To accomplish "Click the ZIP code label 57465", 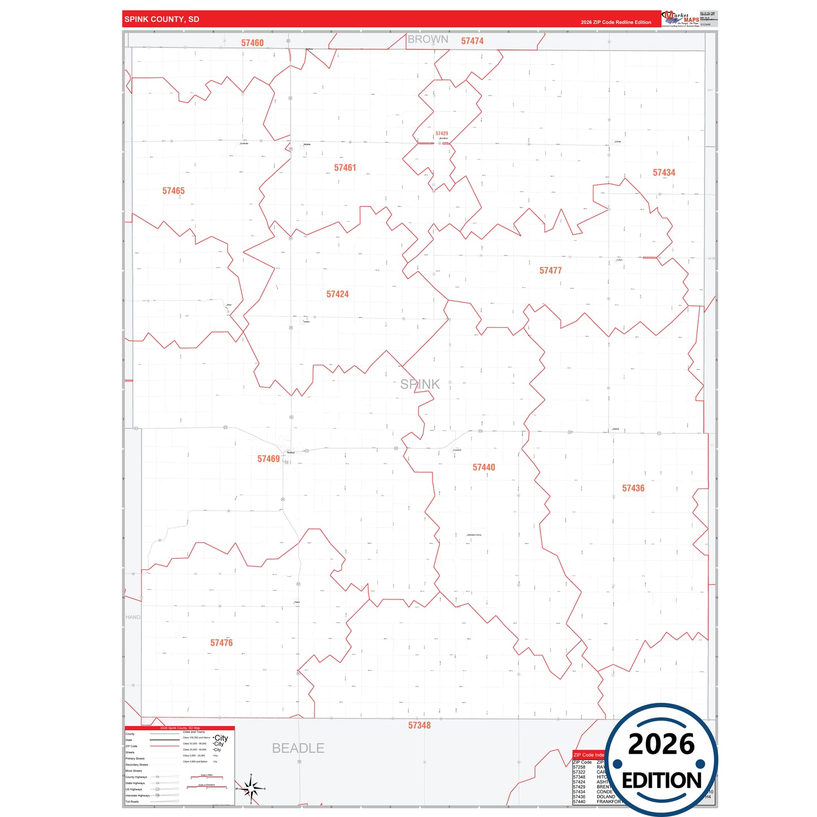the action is pyautogui.click(x=173, y=191).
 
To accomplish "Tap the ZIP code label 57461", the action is pyautogui.click(x=345, y=168).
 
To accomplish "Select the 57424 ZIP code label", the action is pyautogui.click(x=338, y=294).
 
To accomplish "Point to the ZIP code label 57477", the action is pyautogui.click(x=550, y=271).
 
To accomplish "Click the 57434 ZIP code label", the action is pyautogui.click(x=664, y=173).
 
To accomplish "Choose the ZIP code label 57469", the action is pyautogui.click(x=269, y=459).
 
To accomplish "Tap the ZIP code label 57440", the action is pyautogui.click(x=483, y=468).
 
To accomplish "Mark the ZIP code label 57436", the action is pyautogui.click(x=633, y=489).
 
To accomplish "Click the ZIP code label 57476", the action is pyautogui.click(x=221, y=643).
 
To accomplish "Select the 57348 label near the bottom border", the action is pyautogui.click(x=419, y=725).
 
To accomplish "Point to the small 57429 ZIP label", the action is pyautogui.click(x=442, y=134).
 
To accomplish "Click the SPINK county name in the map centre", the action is pyautogui.click(x=420, y=384).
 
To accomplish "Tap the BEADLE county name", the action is pyautogui.click(x=298, y=748).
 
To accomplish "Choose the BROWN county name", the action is pyautogui.click(x=427, y=40).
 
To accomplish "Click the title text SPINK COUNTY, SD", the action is pyautogui.click(x=162, y=19).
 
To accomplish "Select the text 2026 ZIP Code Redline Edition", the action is pyautogui.click(x=616, y=23).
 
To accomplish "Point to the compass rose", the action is pyautogui.click(x=251, y=788).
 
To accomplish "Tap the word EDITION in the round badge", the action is pyautogui.click(x=662, y=781).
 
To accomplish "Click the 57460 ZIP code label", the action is pyautogui.click(x=252, y=43).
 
